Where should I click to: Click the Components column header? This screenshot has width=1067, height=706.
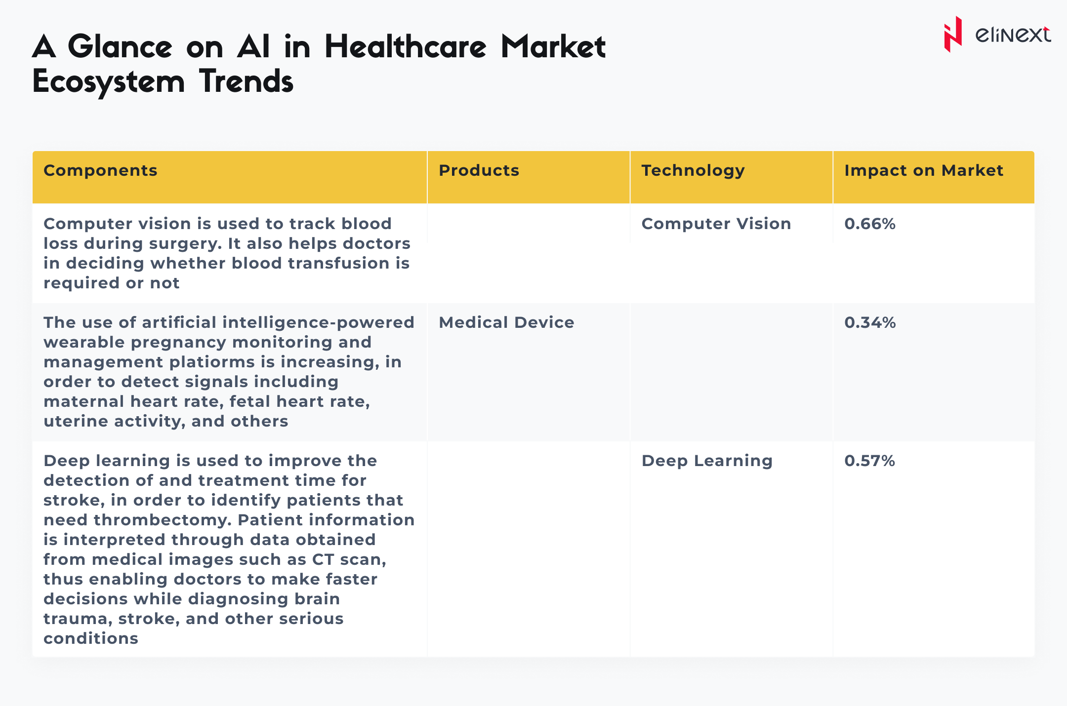click(x=100, y=170)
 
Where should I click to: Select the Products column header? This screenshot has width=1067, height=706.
click(x=479, y=170)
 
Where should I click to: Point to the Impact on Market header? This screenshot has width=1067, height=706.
click(x=924, y=170)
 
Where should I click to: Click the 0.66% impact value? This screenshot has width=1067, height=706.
click(x=870, y=224)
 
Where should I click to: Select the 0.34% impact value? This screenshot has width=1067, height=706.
click(x=870, y=322)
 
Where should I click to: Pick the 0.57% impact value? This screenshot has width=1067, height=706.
click(x=869, y=461)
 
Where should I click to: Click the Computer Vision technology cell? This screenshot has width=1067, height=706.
click(x=716, y=224)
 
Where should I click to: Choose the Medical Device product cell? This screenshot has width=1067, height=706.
click(x=506, y=322)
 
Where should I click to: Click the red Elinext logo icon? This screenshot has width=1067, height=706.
click(x=953, y=34)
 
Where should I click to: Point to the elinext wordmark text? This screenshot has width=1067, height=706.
click(x=1013, y=35)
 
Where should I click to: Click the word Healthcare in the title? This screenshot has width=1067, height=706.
click(x=405, y=47)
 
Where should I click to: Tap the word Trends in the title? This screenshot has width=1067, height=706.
click(x=246, y=81)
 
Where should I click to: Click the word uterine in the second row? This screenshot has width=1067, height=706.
click(x=76, y=421)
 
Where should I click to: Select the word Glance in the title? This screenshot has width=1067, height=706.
click(x=120, y=47)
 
